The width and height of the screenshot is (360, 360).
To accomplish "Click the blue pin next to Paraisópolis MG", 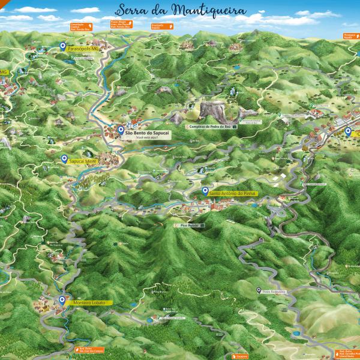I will [63, 46].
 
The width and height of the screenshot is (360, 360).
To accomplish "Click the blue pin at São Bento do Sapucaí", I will [121, 130].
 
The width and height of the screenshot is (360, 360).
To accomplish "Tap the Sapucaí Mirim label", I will [82, 161].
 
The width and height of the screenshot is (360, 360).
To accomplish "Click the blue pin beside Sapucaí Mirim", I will [64, 159].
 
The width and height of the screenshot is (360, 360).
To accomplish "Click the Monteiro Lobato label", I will [89, 303].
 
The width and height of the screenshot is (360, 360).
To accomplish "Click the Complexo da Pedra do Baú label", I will [209, 127].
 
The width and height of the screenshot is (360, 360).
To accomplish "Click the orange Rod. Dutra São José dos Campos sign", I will [88, 349].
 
